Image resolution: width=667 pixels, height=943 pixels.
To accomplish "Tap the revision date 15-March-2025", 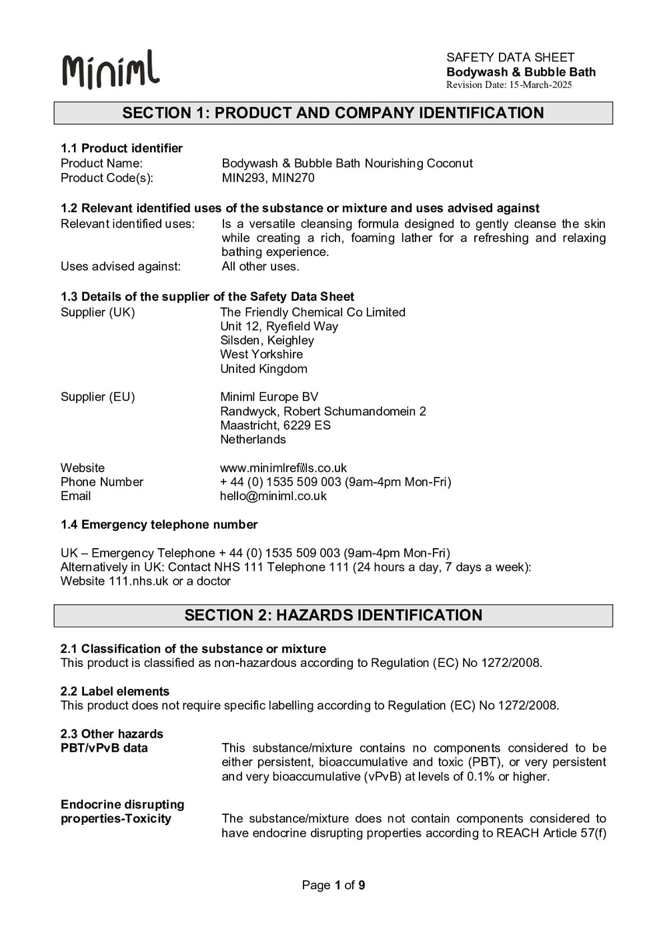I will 509,85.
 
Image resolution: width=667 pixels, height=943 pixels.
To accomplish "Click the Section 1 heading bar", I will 333,113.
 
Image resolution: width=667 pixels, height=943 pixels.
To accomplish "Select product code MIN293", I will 243,178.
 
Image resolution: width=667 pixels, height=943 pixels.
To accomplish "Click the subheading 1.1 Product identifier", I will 121,148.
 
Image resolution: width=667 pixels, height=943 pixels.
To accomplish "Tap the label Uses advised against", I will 121,266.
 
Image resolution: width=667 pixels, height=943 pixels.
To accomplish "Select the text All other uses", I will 260,266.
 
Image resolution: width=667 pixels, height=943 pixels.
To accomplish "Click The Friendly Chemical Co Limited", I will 312,312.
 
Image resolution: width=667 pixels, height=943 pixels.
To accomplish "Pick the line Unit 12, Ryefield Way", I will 279,326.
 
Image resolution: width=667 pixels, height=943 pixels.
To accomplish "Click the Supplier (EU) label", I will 97,397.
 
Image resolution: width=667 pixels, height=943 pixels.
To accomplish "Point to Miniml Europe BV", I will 269,397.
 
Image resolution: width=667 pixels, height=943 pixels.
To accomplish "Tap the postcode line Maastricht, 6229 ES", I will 275,425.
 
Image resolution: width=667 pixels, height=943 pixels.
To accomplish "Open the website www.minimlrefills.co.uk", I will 283,468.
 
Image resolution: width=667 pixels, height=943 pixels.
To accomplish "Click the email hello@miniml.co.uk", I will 273,496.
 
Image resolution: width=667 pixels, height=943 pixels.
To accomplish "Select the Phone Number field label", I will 101,482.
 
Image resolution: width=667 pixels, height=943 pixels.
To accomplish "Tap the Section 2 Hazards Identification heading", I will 333,615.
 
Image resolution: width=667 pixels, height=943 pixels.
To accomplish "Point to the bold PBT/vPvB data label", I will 104,748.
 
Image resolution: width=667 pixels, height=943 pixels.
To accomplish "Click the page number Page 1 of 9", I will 333,885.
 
